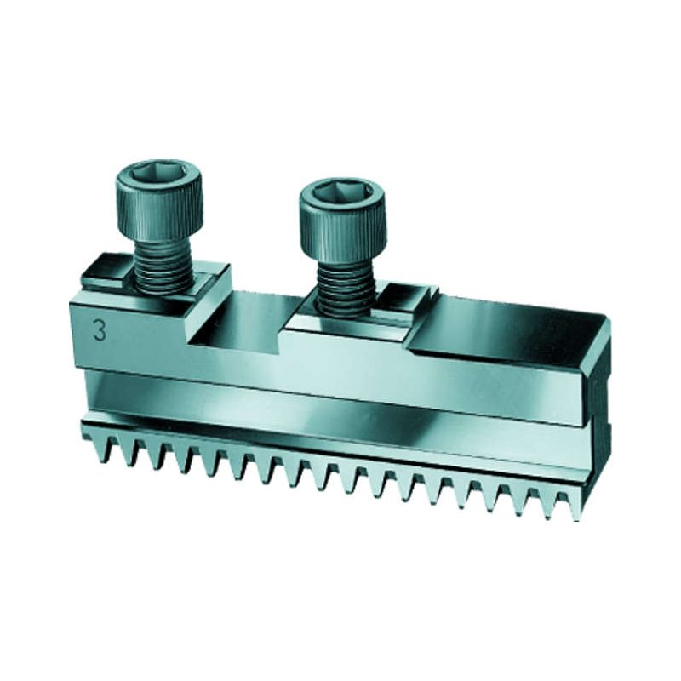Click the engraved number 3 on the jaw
100,332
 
